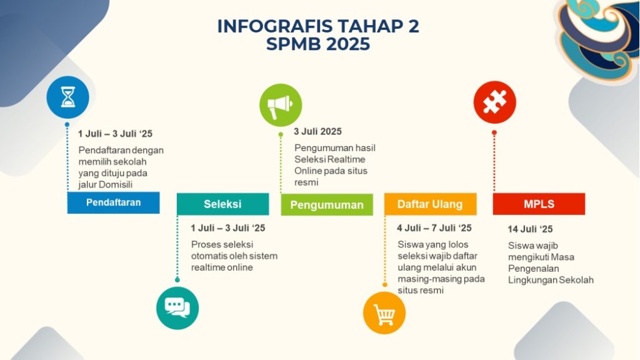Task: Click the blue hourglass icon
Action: tap(67, 97)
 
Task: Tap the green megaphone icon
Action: tap(281, 105)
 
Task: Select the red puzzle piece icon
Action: tap(495, 102)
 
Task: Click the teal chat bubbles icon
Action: tap(177, 307)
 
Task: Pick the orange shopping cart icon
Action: tap(384, 313)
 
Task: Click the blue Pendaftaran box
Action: tap(114, 202)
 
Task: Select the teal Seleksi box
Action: tap(223, 204)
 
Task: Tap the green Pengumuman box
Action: tap(327, 204)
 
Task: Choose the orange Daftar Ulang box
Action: tap(430, 204)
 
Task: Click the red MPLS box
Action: tap(539, 204)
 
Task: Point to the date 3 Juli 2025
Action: tap(318, 131)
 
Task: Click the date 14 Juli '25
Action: tap(530, 229)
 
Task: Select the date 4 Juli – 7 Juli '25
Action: tap(434, 227)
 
